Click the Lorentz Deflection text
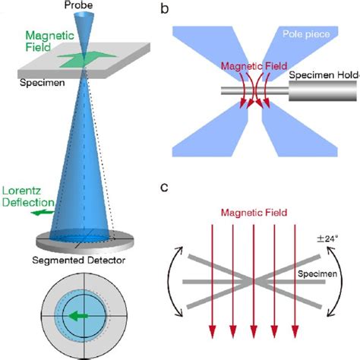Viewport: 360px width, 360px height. [26, 194]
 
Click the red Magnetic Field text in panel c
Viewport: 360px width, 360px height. [252, 213]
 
